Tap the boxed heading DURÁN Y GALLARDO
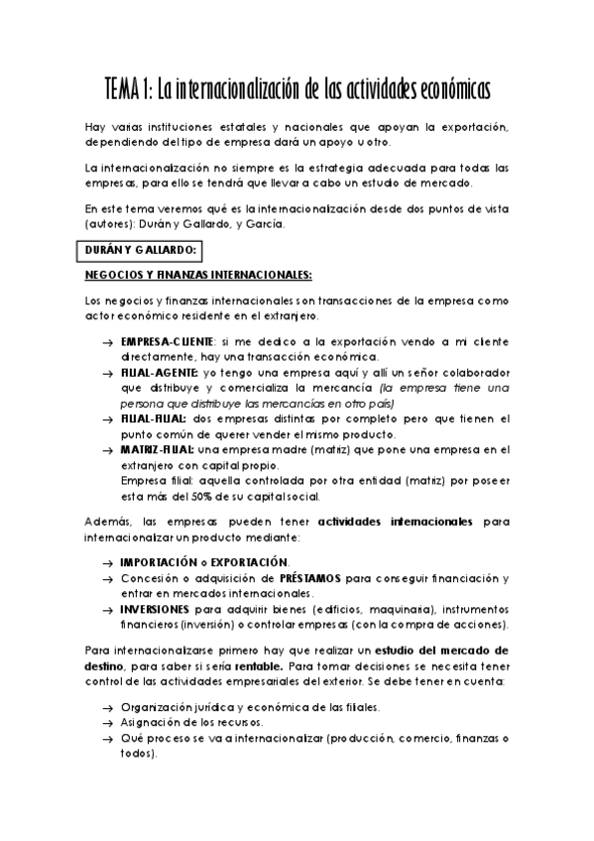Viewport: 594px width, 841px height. (x=144, y=249)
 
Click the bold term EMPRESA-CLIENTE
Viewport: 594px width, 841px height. (x=160, y=342)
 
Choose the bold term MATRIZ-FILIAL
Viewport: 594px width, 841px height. (x=157, y=449)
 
